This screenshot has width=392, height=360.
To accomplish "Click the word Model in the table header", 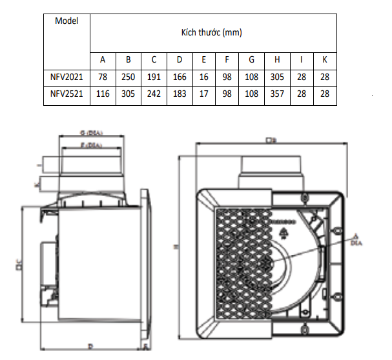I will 67,21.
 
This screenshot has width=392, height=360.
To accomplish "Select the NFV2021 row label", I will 67,77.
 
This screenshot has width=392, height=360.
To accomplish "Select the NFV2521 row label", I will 67,94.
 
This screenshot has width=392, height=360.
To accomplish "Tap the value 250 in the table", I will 129,77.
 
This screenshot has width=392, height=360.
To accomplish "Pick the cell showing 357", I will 277,94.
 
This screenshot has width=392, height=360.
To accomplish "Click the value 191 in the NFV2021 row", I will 154,77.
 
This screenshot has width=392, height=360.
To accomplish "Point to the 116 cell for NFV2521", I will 103,94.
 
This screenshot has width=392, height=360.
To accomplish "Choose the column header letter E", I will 204,60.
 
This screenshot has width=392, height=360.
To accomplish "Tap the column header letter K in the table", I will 325,60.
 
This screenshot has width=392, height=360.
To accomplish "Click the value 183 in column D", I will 180,94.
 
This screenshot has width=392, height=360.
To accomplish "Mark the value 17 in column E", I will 204,94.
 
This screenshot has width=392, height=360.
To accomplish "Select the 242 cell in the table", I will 154,94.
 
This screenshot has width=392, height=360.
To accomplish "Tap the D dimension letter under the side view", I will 90,346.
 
